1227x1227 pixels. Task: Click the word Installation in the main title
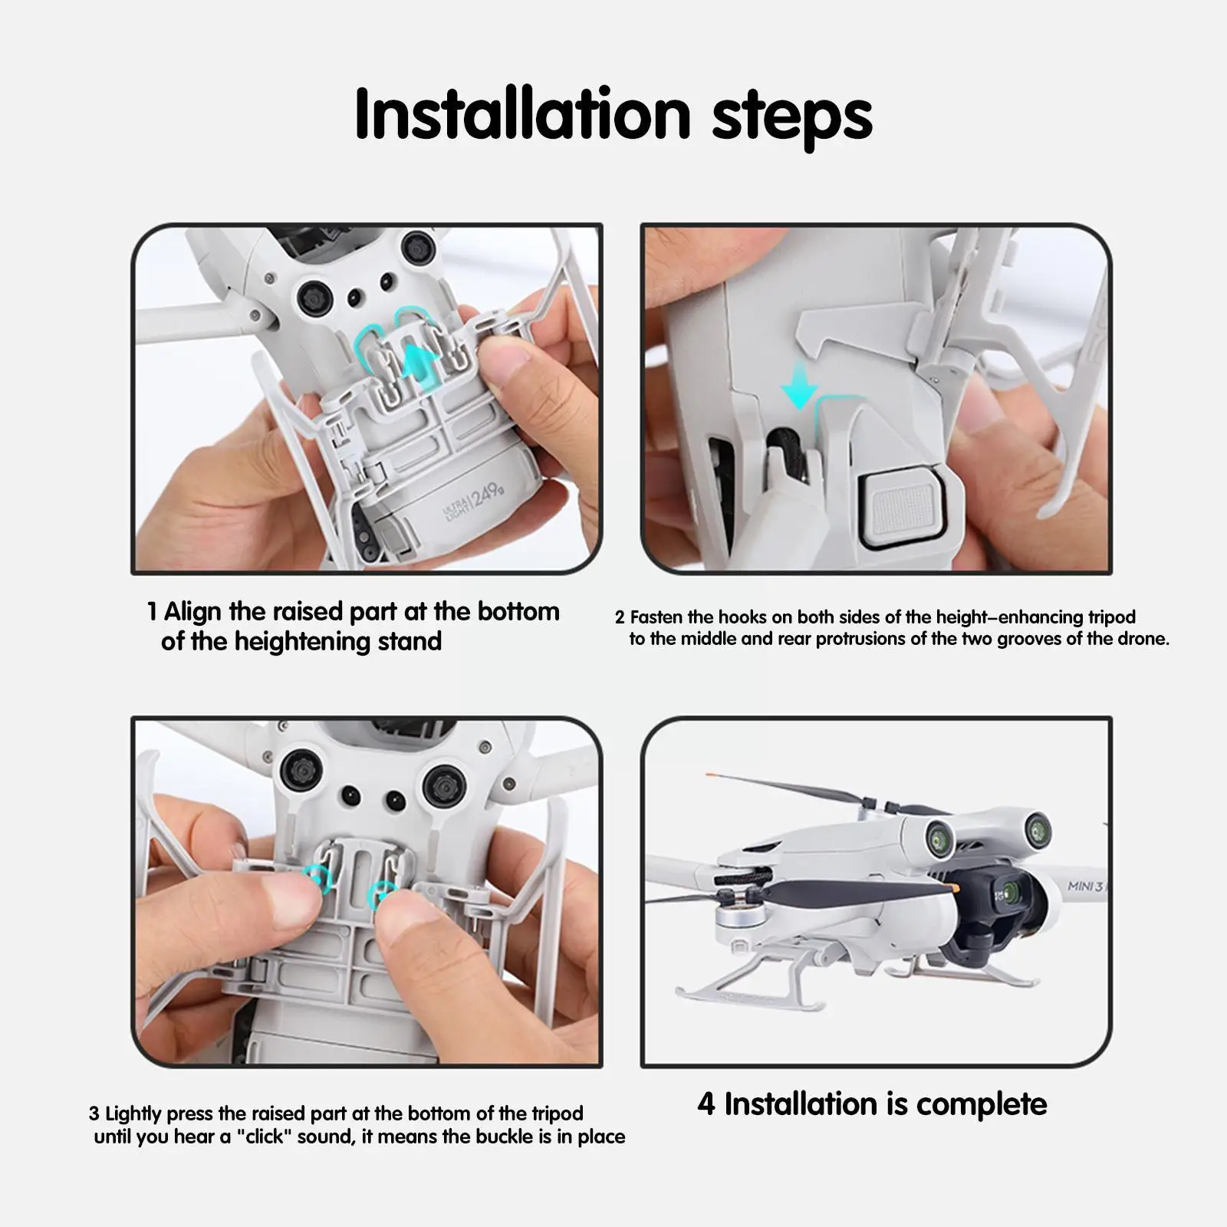pos(523,114)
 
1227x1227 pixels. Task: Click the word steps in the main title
pos(792,119)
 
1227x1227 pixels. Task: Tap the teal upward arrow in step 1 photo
pos(419,360)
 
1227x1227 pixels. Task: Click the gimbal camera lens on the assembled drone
pos(1011,893)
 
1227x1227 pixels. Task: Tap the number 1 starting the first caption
pos(152,611)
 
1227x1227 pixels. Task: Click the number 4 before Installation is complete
pos(706,1104)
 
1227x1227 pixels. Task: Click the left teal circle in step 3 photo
pos(318,877)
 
